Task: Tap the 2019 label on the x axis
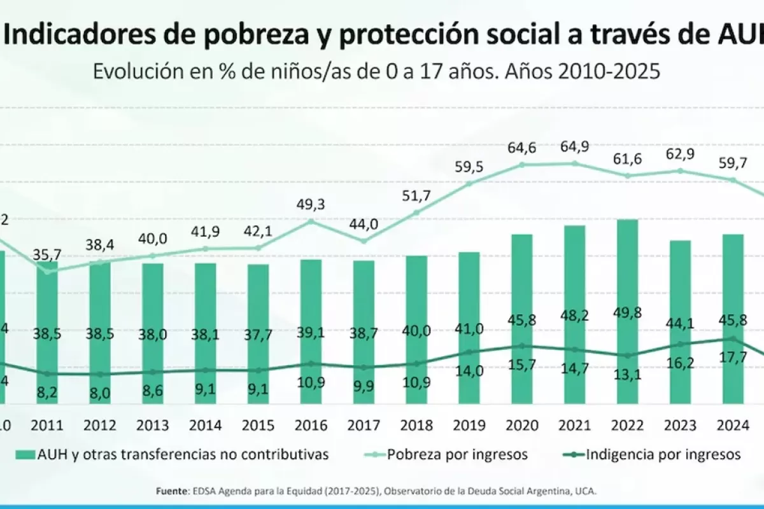(469, 424)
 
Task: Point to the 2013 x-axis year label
(152, 424)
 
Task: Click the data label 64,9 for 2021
(574, 146)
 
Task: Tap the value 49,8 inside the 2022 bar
(627, 330)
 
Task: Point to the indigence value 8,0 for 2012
(100, 393)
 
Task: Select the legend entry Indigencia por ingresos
(662, 454)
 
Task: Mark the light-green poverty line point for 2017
(364, 241)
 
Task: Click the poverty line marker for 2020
(521, 164)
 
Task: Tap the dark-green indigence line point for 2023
(680, 344)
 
